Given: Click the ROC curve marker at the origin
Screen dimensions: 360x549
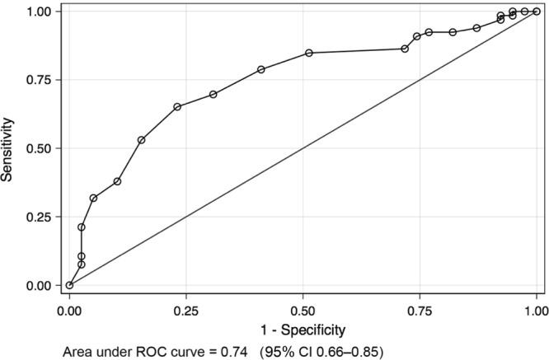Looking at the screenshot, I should (x=69, y=285).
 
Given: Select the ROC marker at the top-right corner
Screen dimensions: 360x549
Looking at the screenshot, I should (x=537, y=12).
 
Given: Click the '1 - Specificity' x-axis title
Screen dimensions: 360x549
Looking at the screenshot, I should (x=303, y=331).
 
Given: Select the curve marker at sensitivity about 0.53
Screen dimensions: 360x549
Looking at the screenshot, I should (x=141, y=140).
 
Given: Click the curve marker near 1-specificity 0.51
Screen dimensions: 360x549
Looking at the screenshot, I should (x=309, y=53).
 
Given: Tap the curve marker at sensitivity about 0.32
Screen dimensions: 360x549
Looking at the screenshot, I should (x=93, y=198).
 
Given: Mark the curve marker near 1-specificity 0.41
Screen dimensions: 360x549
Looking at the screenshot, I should (x=261, y=69).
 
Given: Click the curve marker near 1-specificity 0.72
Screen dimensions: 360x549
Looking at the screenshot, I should (x=405, y=49).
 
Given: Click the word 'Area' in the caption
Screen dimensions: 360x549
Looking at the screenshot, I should (x=79, y=353).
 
